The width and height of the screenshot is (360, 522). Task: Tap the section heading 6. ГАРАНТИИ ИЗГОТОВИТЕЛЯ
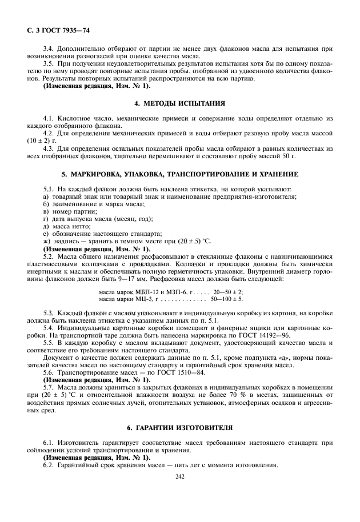click(x=179, y=428)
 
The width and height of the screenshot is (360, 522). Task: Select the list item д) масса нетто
click(x=66, y=226)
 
